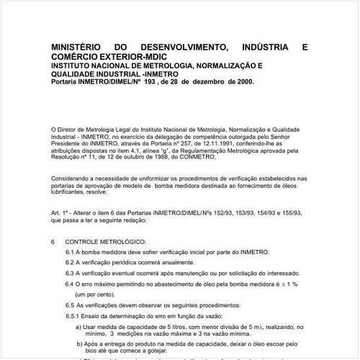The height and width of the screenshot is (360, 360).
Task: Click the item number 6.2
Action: coord(71,264)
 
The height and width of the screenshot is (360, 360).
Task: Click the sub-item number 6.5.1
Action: coord(73,317)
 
